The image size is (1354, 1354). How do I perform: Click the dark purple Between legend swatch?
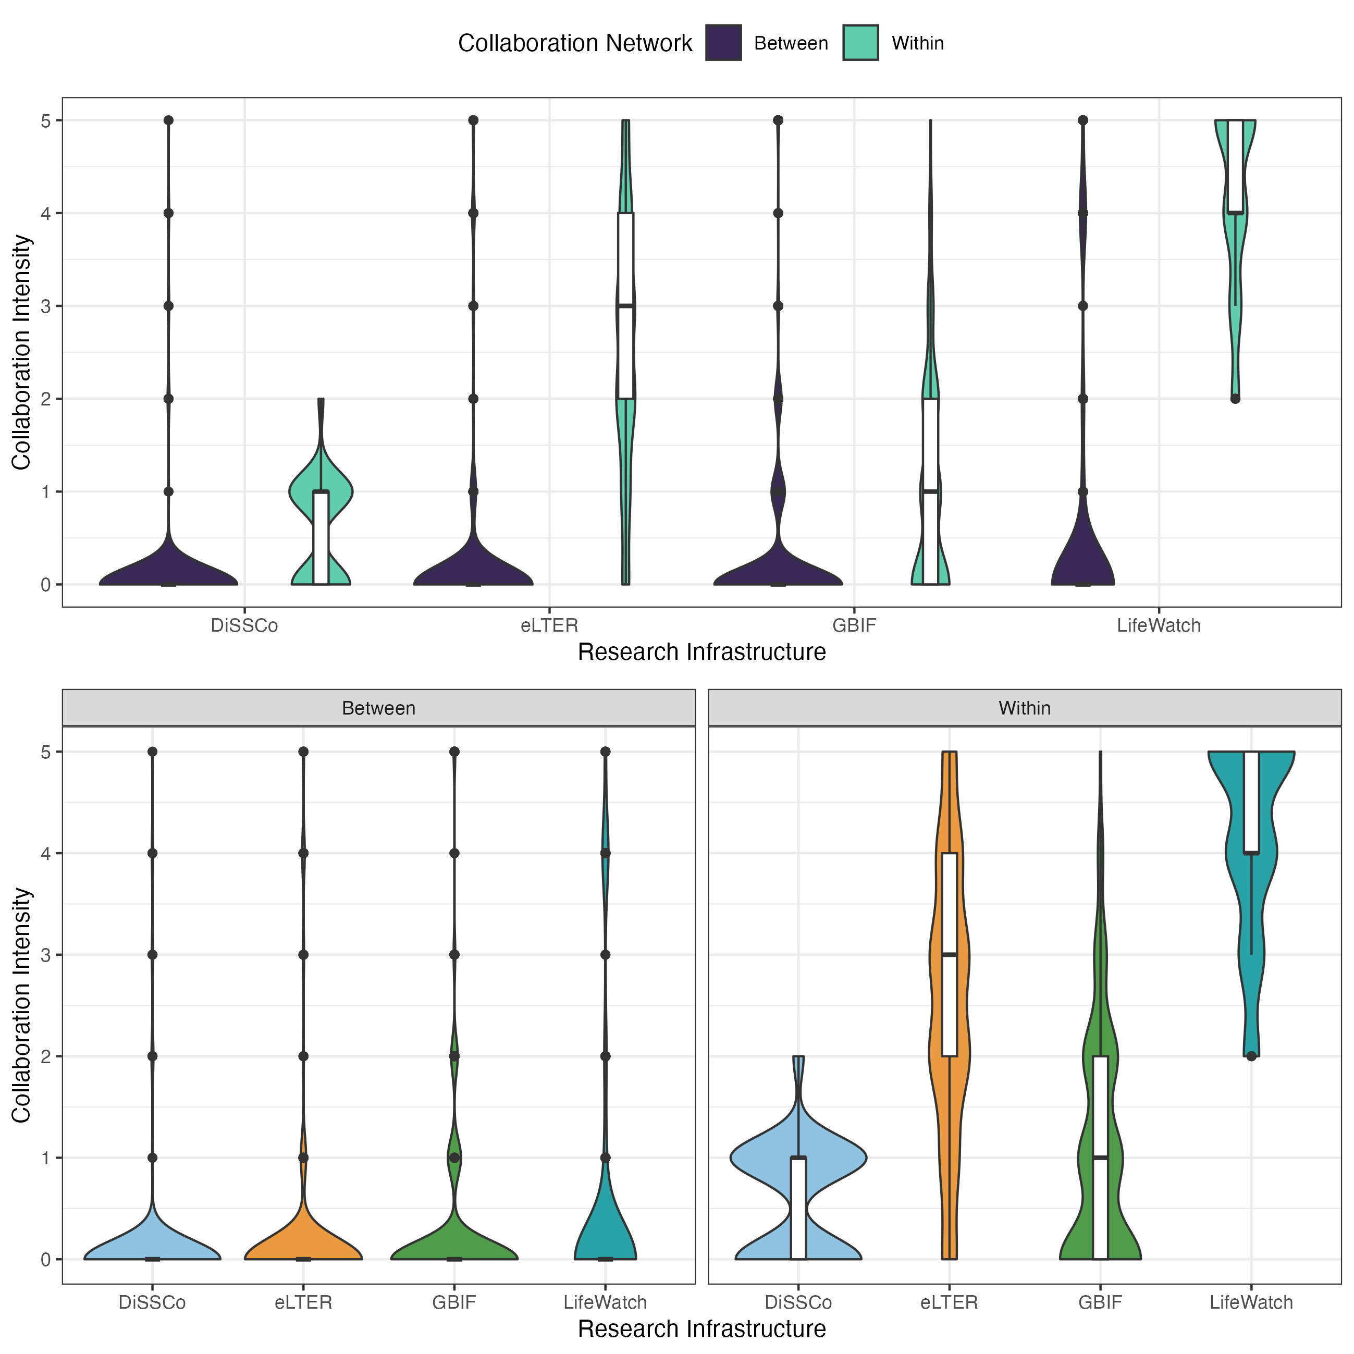(x=723, y=43)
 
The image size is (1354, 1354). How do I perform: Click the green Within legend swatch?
(x=860, y=43)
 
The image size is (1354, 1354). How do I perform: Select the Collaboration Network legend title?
(x=575, y=43)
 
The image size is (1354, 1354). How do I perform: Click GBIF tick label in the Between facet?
(x=454, y=1302)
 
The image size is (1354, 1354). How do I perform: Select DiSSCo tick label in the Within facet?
(x=798, y=1302)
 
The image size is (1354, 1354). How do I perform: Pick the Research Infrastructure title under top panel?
(x=701, y=652)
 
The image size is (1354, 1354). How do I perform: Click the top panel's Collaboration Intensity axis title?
(x=22, y=352)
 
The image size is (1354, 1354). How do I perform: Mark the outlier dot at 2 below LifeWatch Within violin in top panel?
(x=1236, y=399)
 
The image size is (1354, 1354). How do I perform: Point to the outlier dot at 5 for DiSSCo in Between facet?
(x=152, y=752)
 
